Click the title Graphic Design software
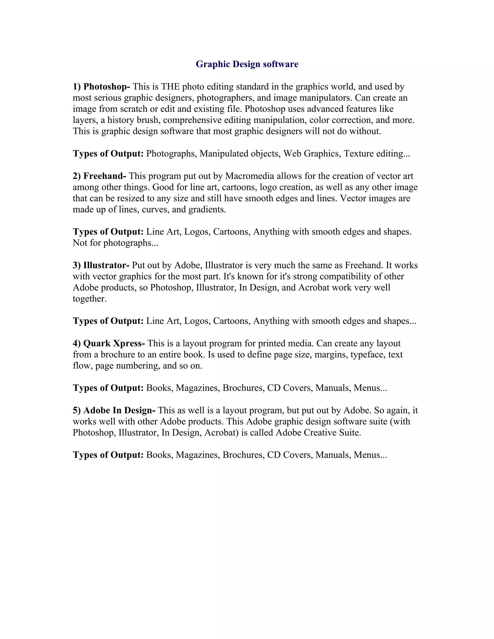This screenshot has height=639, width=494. (247, 64)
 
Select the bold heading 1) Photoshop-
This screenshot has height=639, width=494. (101, 87)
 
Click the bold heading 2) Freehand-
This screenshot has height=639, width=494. (100, 176)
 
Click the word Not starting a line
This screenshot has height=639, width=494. (80, 243)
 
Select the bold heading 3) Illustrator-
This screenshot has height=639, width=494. (101, 265)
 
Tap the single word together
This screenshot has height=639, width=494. (89, 299)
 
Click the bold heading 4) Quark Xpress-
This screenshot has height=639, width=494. (109, 343)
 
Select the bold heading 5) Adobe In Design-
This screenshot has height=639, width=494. (114, 410)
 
